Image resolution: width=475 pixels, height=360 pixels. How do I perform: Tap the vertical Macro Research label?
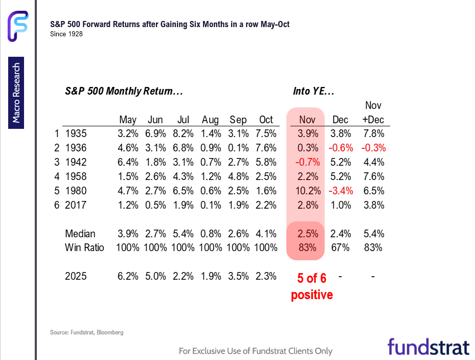pos(16,93)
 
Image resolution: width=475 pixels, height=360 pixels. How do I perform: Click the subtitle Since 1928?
pos(66,34)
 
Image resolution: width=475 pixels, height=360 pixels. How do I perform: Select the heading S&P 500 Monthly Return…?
pos(124,92)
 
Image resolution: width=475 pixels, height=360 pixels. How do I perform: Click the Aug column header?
pos(210,120)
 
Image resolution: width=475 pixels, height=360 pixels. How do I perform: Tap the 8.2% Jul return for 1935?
pos(183,134)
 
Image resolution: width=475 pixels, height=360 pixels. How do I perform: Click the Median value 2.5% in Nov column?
pos(307,234)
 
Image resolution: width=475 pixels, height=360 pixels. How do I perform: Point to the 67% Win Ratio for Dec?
pos(340,247)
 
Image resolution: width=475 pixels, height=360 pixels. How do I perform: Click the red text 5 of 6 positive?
pos(312,287)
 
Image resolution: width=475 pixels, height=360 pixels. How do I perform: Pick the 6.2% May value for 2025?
pos(127,276)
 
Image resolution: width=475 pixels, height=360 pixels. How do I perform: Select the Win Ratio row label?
pos(84,247)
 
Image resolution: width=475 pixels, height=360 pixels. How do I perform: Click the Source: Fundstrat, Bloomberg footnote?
pos(87,332)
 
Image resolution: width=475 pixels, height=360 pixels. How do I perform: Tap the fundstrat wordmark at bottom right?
pos(428,346)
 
